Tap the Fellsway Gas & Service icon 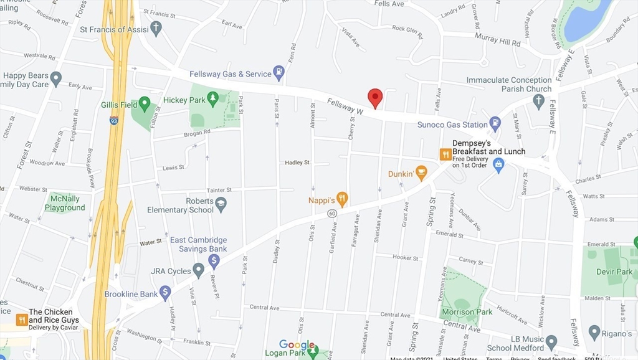click(x=279, y=73)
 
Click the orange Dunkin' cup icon click(x=421, y=173)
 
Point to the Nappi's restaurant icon click(x=341, y=199)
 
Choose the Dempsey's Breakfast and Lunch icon click(x=445, y=154)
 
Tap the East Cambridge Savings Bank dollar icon click(x=214, y=260)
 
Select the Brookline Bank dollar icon click(x=165, y=291)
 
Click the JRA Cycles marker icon click(x=199, y=270)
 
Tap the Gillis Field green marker click(x=145, y=103)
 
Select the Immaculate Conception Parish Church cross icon click(x=539, y=101)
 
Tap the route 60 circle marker click(x=333, y=214)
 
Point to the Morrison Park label click(x=467, y=311)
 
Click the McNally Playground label click(x=65, y=203)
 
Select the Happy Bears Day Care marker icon click(x=56, y=78)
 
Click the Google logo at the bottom click(x=297, y=344)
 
